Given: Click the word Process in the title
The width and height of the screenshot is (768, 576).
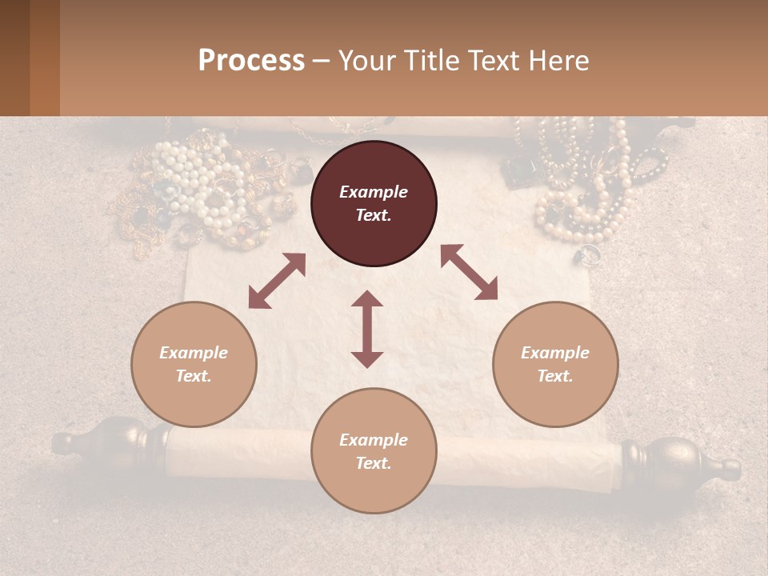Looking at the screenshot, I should click(251, 61).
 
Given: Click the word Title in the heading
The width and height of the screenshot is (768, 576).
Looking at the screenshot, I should click(434, 61).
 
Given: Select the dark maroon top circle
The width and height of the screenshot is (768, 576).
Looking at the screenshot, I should click(374, 203).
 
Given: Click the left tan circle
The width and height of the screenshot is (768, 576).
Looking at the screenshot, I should click(194, 364).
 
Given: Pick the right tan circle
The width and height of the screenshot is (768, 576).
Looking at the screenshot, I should click(555, 364).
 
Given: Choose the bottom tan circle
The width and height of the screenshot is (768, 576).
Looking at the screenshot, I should click(374, 451).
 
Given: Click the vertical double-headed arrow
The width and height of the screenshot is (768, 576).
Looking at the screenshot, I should click(367, 329).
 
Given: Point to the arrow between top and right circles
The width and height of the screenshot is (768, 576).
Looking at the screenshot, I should click(469, 273).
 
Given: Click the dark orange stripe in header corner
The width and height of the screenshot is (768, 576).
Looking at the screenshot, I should click(45, 58).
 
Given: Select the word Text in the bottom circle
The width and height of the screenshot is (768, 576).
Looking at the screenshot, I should click(373, 463).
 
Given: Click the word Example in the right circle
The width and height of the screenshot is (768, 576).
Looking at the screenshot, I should click(554, 353).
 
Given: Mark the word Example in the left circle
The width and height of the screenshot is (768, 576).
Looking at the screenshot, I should click(194, 353).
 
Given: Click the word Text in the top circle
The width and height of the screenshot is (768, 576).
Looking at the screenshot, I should click(373, 215).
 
